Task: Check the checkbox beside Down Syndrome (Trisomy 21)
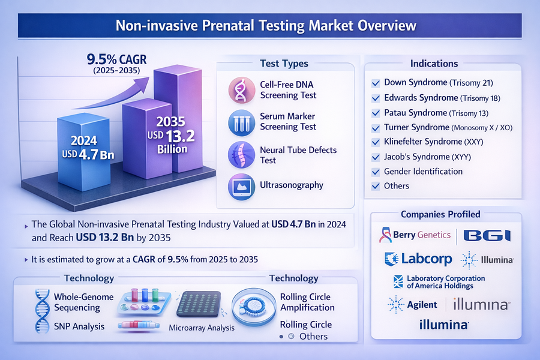376,83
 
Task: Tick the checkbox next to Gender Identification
376,172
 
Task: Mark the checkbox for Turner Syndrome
376,128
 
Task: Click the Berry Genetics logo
415,235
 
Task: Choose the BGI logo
487,235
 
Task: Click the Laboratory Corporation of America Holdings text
446,282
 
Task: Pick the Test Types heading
284,64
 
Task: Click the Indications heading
434,64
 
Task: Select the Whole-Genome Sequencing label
77,302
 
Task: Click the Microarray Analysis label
202,328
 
